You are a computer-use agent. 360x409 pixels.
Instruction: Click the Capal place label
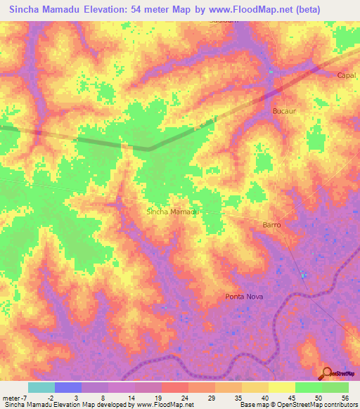click(x=347, y=75)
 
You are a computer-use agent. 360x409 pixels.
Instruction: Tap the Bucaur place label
click(x=284, y=111)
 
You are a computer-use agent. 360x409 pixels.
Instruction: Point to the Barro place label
click(x=271, y=225)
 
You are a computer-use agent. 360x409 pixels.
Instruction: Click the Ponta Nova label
click(x=244, y=297)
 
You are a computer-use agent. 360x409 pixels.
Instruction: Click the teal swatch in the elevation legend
click(x=41, y=387)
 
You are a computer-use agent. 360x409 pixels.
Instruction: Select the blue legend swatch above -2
click(x=67, y=387)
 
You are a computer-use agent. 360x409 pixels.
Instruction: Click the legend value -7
click(x=19, y=397)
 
